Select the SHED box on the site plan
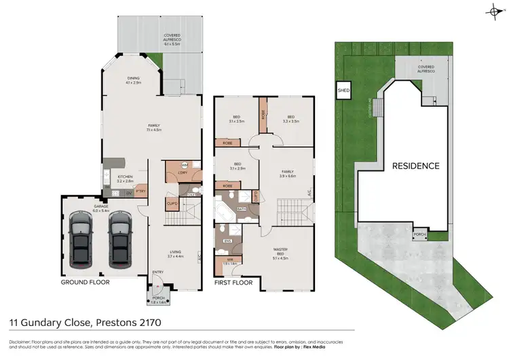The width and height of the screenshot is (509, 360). (343, 90)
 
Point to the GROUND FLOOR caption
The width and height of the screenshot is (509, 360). (85, 281)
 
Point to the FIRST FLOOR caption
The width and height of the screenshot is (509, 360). (233, 281)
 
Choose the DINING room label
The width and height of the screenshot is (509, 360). (133, 78)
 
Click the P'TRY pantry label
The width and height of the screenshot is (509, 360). (142, 192)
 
